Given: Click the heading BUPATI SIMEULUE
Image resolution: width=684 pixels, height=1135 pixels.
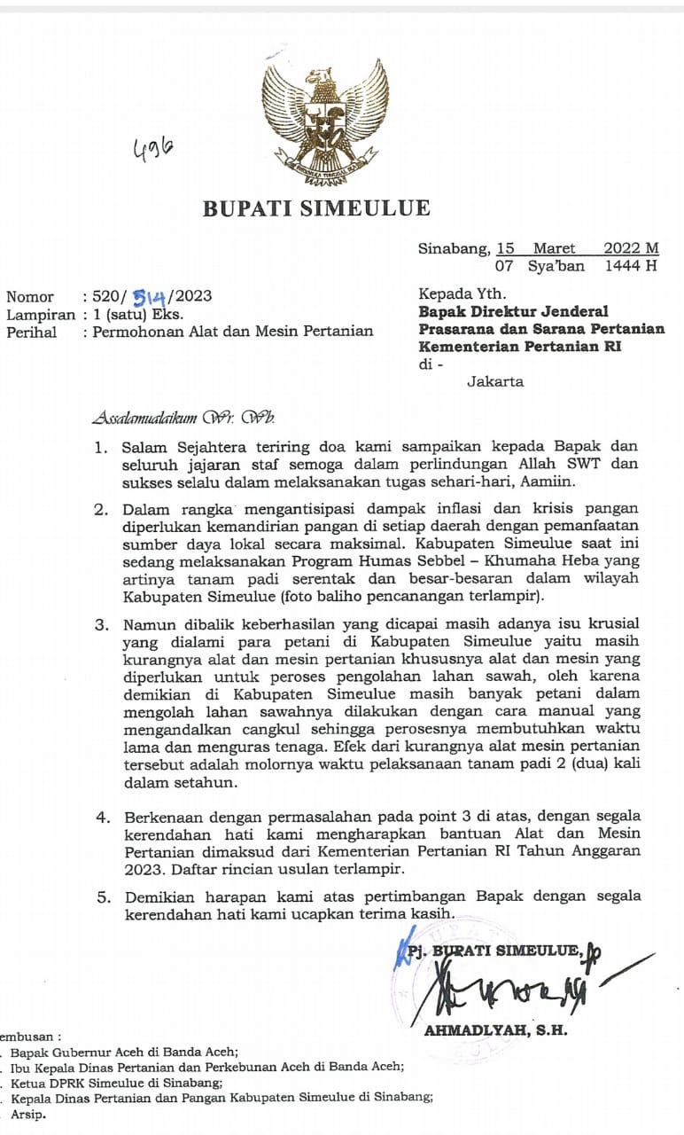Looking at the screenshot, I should click(316, 209).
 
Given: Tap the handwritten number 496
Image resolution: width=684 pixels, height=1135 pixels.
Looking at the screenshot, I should click(152, 153).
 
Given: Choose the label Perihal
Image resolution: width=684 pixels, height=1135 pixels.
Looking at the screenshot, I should click(32, 332).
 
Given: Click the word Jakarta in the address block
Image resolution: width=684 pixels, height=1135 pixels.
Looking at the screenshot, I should click(495, 381).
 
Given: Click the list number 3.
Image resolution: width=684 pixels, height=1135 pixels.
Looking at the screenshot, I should click(102, 625).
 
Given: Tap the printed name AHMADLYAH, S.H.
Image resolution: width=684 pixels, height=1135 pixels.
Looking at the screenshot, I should click(495, 1030).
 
